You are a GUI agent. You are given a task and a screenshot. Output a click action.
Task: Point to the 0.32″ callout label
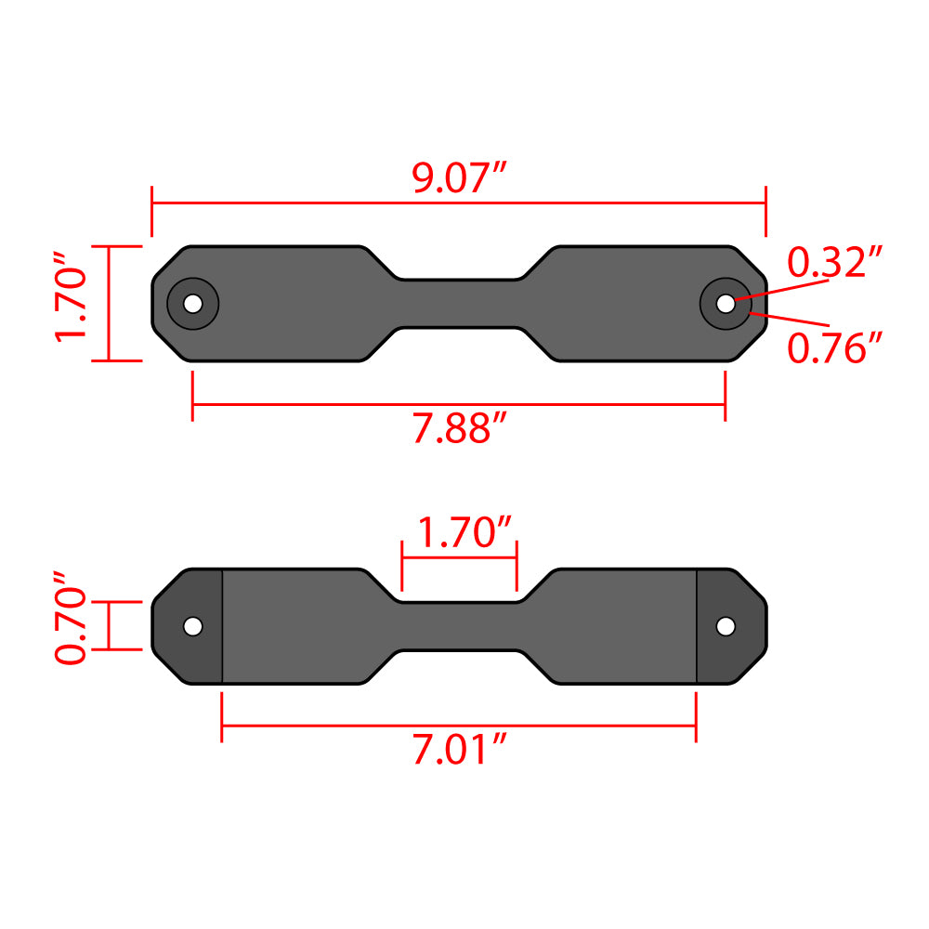833,263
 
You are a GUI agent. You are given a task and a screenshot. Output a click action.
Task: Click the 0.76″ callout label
833,348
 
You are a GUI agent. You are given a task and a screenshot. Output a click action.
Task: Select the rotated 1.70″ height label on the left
72,303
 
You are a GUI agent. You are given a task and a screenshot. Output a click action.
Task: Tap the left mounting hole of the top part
192,303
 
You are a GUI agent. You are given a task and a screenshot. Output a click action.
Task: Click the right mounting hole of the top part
725,303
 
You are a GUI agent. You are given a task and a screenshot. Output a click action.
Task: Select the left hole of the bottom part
192,626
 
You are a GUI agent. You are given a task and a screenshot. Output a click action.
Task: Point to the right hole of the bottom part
725,626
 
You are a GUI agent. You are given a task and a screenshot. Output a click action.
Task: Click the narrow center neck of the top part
459,303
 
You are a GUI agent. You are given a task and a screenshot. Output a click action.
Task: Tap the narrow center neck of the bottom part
459,626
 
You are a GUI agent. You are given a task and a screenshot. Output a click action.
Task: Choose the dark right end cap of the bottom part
720,655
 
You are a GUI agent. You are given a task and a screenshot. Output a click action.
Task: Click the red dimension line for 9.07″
279,202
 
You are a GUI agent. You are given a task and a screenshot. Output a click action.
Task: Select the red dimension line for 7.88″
325,405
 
